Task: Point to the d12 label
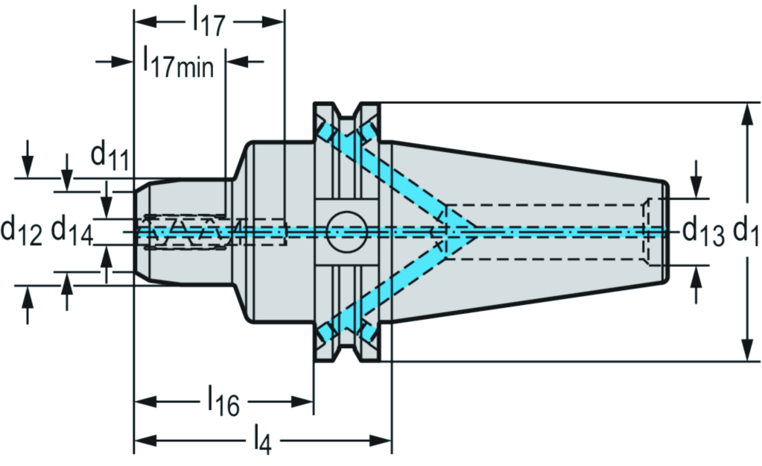tap(22, 230)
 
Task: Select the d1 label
tap(745, 231)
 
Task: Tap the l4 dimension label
tap(261, 441)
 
